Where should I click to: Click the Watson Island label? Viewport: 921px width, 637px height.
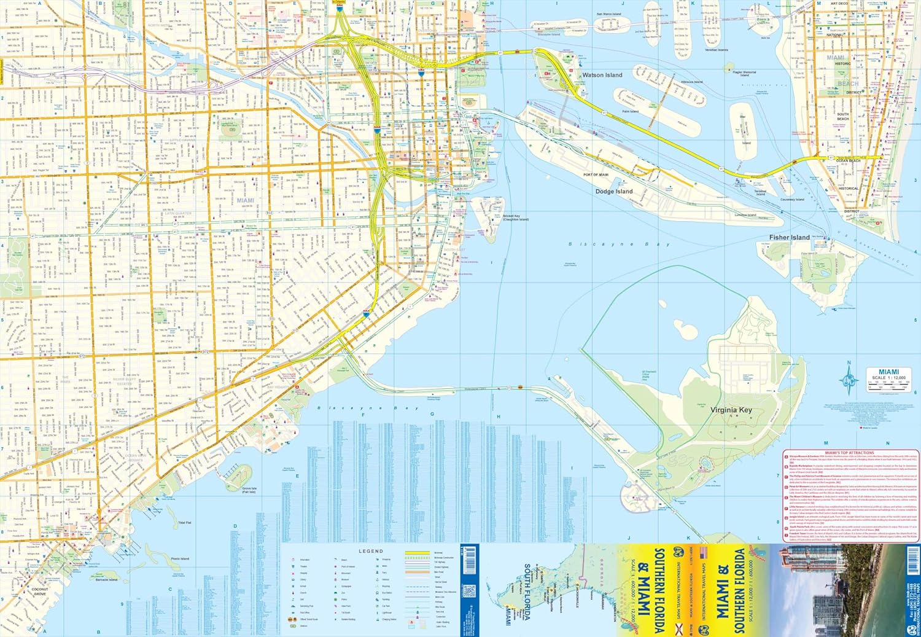602,75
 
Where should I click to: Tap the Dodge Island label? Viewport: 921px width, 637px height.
613,192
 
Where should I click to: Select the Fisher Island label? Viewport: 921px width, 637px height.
789,237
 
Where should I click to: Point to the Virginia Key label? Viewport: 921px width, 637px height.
731,410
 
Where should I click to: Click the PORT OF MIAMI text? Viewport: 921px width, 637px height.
596,175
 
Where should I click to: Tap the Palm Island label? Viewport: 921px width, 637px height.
630,112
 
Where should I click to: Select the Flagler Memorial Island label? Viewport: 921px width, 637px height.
744,74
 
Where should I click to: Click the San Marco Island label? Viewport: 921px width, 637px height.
608,14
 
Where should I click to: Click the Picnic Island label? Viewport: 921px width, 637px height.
180,559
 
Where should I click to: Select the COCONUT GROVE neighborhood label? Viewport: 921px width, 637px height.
40,592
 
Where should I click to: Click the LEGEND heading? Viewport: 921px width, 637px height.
370,551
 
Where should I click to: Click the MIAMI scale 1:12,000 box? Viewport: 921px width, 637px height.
888,378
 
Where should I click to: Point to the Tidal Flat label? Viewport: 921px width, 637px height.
185,523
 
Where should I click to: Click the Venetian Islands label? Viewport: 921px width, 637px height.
716,50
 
